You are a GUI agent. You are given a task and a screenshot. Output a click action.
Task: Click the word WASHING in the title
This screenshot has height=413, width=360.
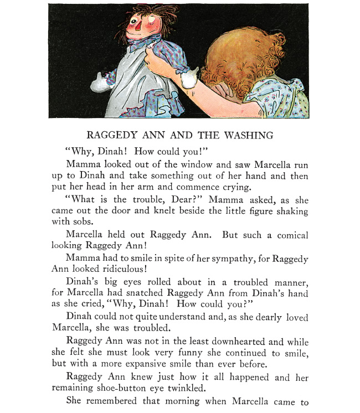click(252, 135)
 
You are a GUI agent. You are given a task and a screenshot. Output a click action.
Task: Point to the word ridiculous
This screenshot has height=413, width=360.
click(121, 270)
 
